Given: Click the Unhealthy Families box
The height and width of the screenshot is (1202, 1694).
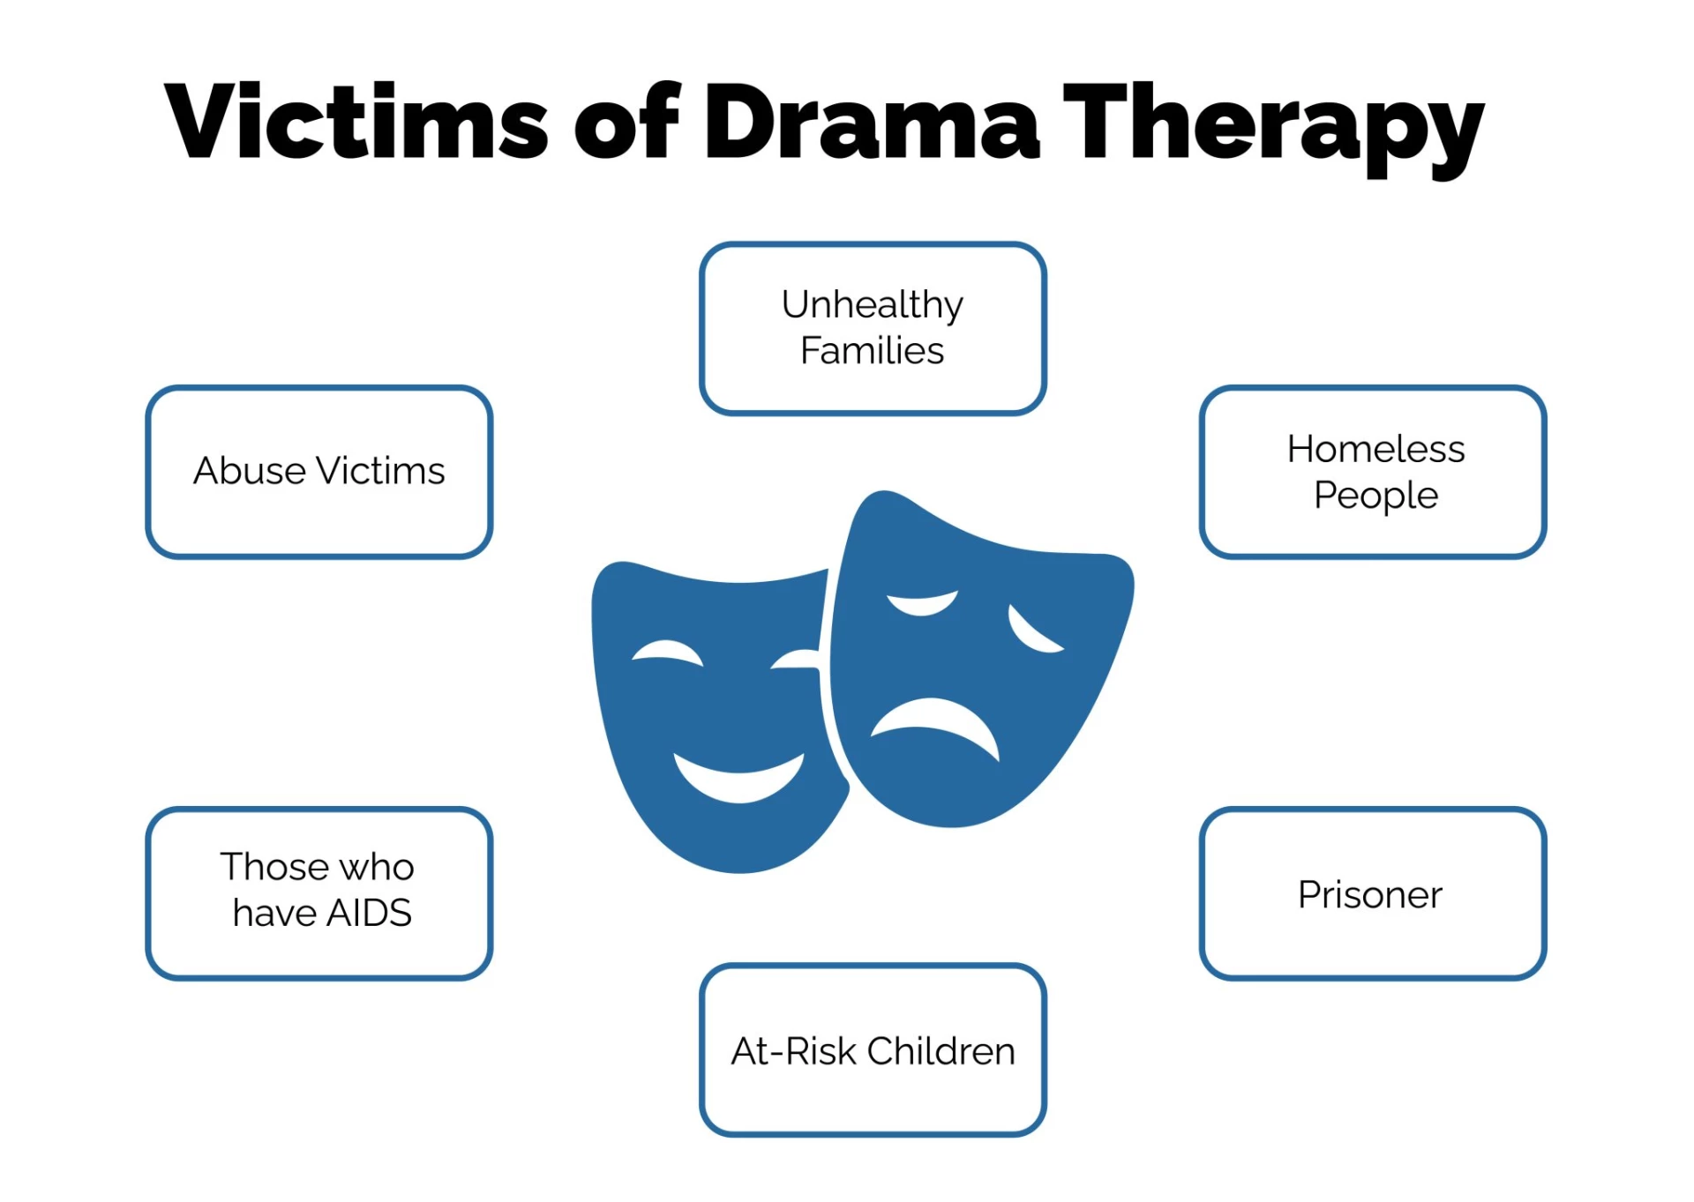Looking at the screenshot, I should point(872,328).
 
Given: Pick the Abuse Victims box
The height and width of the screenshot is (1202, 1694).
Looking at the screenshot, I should point(319,471).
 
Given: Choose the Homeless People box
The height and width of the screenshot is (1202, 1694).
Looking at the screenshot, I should point(1373,471).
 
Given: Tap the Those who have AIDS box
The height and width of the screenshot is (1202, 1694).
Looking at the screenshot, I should point(319,892).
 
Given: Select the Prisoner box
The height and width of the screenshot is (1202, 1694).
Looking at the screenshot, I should point(1373,892).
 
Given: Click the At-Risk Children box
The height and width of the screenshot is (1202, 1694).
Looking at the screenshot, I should point(872,1049).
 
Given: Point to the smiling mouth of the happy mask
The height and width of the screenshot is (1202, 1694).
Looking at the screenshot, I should point(738,776).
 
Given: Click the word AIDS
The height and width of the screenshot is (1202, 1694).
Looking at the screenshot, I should point(369,914).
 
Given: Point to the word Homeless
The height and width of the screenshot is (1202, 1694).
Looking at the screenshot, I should point(1375,449).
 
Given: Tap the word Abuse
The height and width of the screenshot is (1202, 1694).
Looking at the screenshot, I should point(250,471).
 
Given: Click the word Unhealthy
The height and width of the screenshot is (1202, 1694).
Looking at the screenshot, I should point(872,305).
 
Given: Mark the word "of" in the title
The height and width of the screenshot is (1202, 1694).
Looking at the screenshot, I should point(627,121).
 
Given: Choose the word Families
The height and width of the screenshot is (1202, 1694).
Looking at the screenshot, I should point(872,351).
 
